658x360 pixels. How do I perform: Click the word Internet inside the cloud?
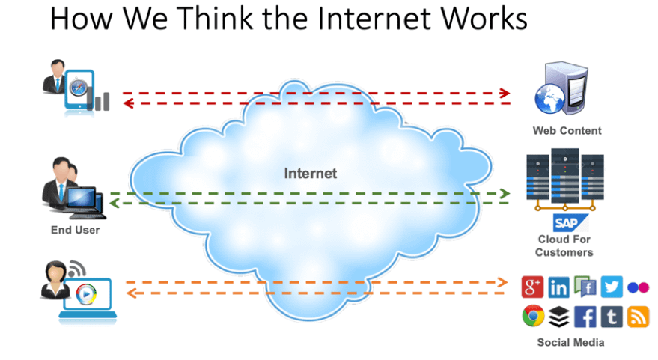coord(310,174)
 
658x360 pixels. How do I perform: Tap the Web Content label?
coord(567,130)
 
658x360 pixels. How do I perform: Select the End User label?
coord(75,230)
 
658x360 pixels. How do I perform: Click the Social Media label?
coord(570,342)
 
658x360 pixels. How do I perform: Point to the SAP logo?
coord(566,222)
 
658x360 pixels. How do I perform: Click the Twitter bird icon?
coord(612,287)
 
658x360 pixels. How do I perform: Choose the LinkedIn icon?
coord(558,287)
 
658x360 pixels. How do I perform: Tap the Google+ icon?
coord(532,287)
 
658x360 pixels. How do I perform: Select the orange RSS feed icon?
coord(638,317)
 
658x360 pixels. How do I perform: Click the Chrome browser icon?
coord(532,317)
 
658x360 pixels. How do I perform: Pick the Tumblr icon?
coord(612,317)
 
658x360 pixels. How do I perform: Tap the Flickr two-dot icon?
coord(638,287)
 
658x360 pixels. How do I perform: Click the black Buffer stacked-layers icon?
coord(558,317)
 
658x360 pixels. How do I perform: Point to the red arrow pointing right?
coord(314,94)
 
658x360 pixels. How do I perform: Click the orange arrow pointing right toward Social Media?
coord(314,282)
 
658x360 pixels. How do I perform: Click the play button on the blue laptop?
coord(85,293)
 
